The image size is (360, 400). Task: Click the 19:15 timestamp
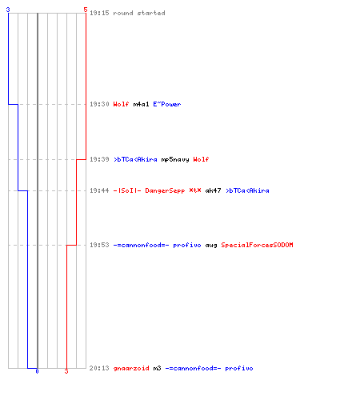[x=99, y=13]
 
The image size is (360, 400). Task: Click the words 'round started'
[x=139, y=13]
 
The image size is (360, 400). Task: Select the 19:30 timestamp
[x=99, y=104]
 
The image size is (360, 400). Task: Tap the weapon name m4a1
[x=141, y=104]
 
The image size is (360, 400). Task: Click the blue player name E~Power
[x=167, y=104]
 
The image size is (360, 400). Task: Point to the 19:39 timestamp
[x=99, y=159]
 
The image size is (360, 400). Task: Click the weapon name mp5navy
[x=175, y=159]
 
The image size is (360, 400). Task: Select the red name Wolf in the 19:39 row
[x=201, y=159]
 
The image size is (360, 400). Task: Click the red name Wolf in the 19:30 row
[x=121, y=104]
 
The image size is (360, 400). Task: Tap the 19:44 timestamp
[x=99, y=190]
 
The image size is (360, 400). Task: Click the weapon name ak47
[x=213, y=190]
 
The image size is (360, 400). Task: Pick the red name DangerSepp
[x=165, y=190]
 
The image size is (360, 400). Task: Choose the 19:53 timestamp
[x=99, y=245]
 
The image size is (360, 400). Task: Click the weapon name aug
[x=211, y=245]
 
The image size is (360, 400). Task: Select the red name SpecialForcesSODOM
[x=257, y=245]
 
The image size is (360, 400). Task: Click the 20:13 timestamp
[x=99, y=368]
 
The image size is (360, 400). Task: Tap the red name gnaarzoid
[x=131, y=368]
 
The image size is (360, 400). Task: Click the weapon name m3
[x=157, y=368]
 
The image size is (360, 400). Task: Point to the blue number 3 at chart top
[x=8, y=10]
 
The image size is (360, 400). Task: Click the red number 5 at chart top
[x=86, y=10]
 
